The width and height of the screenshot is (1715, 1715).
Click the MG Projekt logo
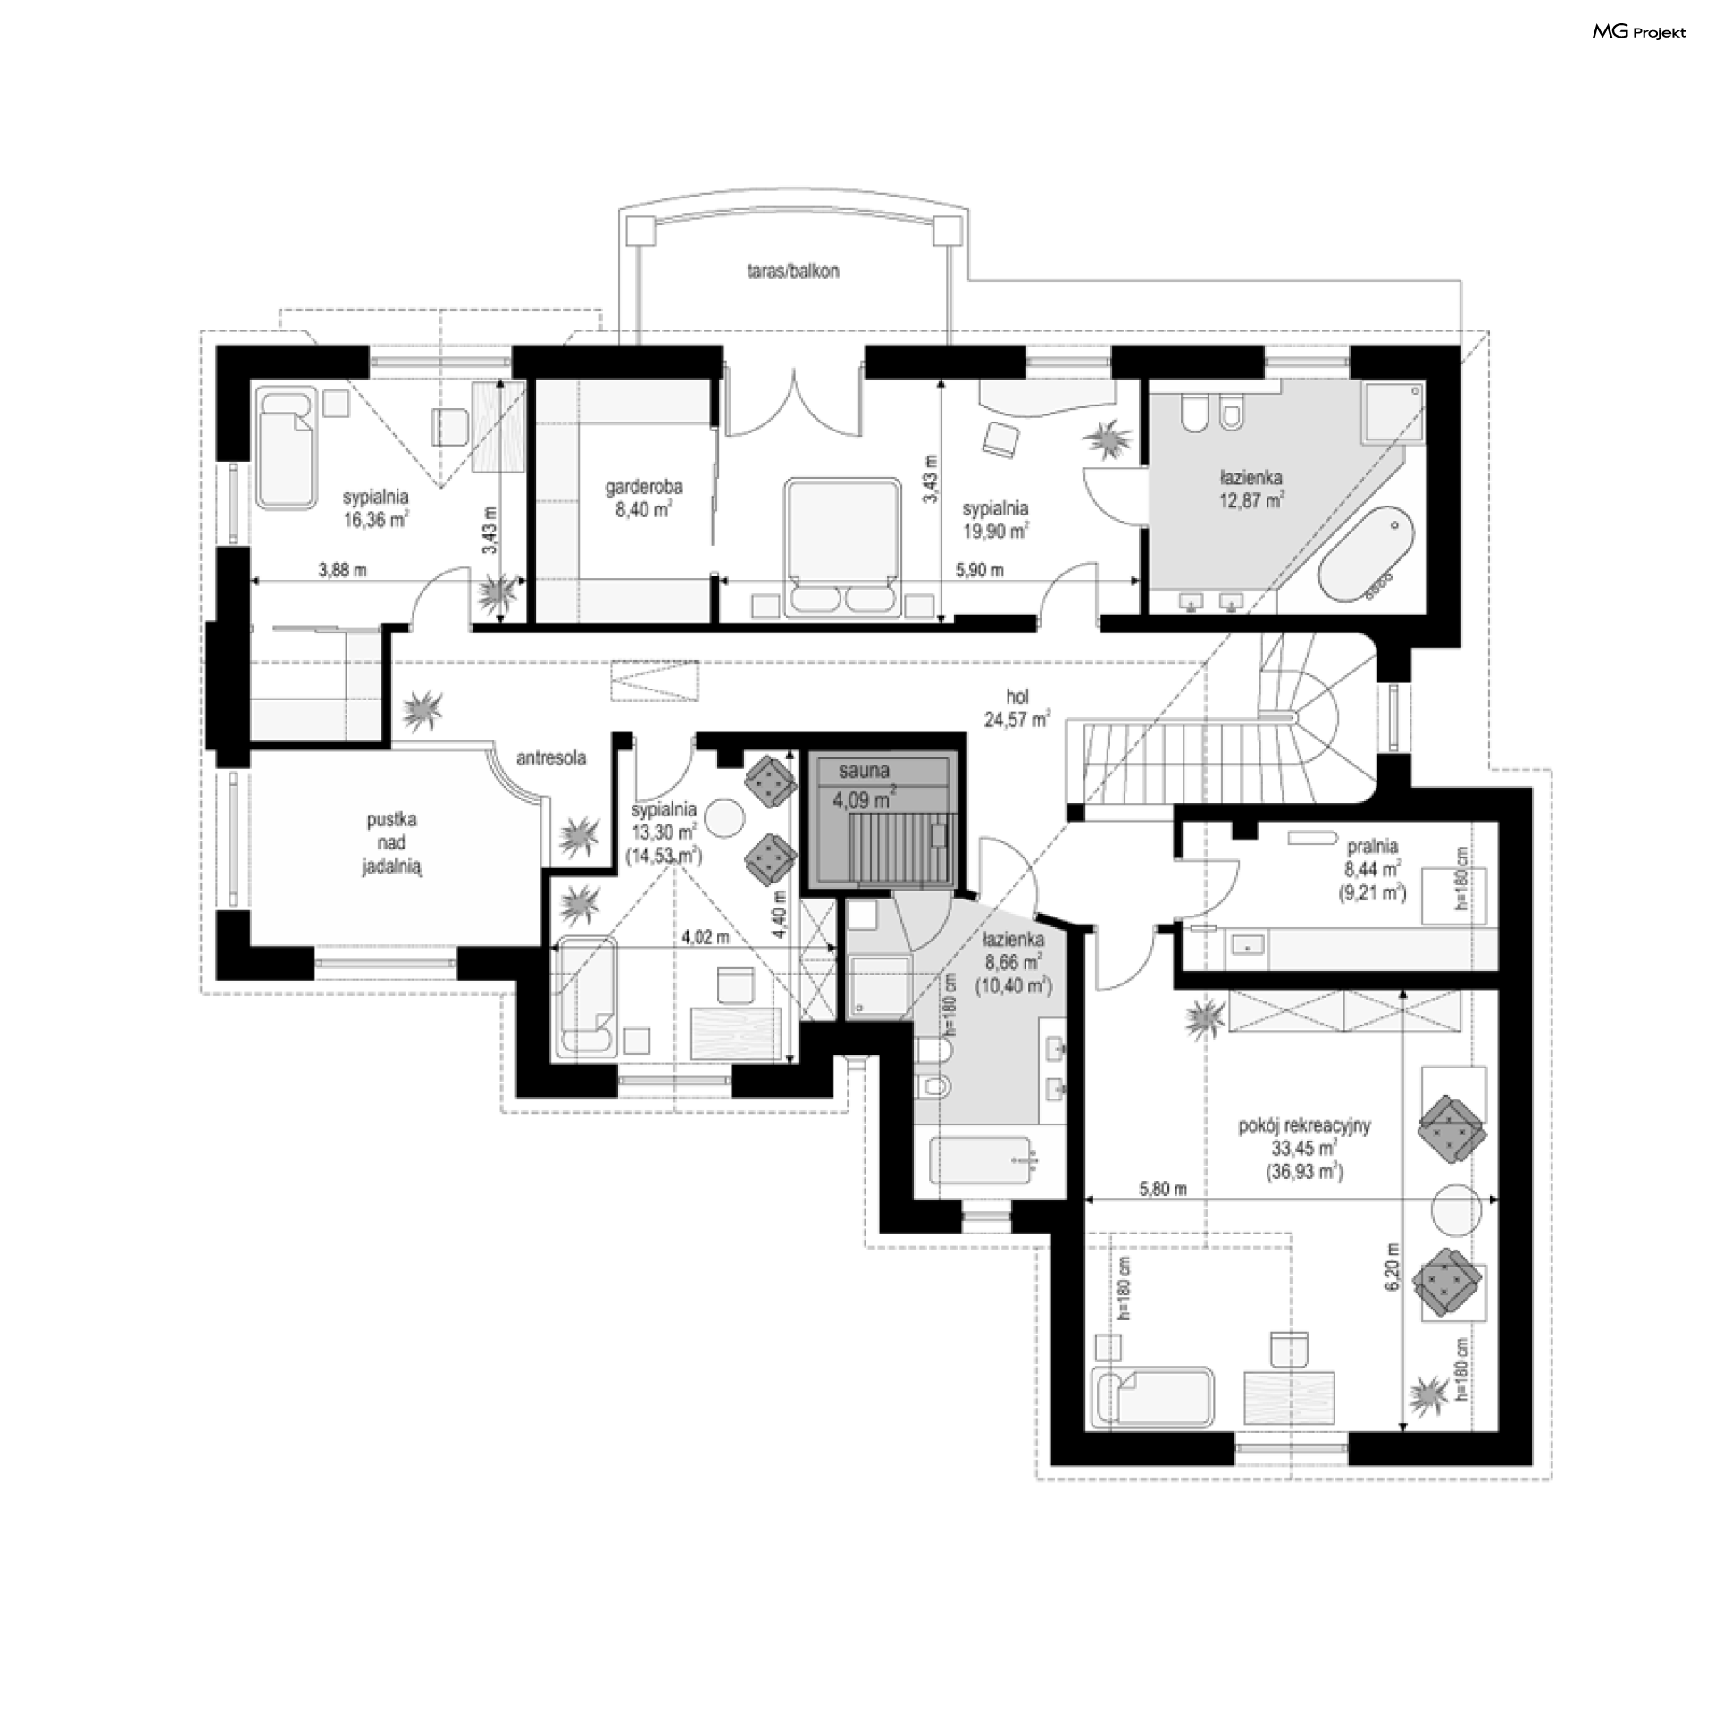[1639, 33]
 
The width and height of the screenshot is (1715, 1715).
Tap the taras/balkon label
[793, 271]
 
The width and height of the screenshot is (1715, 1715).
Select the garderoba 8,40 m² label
[644, 498]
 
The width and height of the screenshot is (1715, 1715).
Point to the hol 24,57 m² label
[1017, 707]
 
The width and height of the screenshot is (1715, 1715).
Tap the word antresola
[551, 758]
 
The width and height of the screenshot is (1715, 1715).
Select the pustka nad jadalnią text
[391, 843]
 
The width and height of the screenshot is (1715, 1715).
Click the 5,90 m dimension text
[979, 570]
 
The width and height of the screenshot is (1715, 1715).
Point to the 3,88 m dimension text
[342, 570]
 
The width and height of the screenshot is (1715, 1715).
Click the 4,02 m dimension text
[706, 938]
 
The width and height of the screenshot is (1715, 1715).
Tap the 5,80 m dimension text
[1163, 1189]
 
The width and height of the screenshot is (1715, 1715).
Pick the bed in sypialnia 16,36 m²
[288, 448]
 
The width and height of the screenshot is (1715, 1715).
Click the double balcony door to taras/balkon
[793, 402]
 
